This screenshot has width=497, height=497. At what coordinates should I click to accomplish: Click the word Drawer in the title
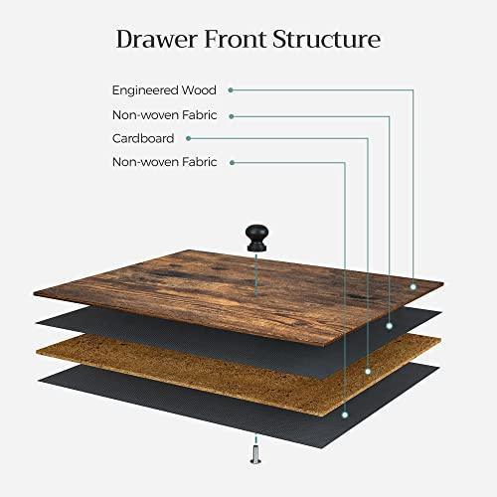156,39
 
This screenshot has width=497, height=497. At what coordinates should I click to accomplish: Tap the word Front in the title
236,39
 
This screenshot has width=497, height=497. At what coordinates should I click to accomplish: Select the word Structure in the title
327,39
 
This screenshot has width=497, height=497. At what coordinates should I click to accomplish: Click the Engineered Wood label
164,90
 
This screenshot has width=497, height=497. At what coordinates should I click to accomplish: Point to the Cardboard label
143,138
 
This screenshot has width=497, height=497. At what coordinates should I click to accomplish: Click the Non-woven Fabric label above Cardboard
165,115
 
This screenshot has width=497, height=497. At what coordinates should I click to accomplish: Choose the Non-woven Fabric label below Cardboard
165,162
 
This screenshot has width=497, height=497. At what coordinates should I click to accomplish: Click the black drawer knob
256,238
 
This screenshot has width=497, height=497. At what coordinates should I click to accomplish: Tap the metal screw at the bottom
255,455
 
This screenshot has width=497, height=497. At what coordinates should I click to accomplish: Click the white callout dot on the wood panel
414,287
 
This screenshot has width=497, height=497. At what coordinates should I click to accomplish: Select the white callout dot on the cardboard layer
368,372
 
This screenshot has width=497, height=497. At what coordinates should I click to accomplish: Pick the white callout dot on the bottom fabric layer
345,414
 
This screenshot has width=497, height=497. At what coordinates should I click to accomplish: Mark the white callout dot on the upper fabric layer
390,326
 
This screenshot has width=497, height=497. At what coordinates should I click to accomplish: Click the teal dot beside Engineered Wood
231,90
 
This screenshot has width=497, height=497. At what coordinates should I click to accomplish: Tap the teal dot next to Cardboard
188,138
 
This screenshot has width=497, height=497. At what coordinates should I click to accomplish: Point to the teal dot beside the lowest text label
233,163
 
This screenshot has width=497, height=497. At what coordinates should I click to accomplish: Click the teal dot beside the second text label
232,116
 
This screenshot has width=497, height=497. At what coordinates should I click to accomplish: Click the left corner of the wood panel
34,293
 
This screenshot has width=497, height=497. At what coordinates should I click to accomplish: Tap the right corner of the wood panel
443,283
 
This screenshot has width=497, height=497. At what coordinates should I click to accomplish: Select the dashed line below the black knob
256,274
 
